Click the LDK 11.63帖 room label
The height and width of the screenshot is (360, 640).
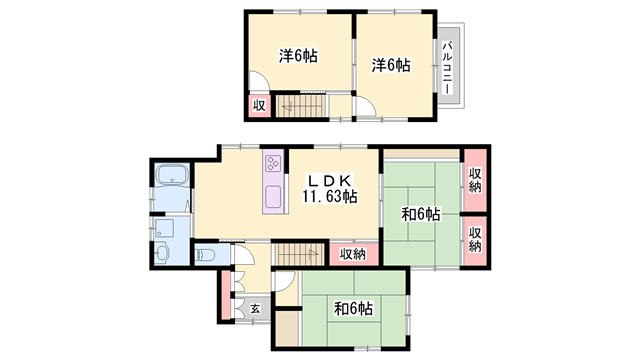tap(329, 189)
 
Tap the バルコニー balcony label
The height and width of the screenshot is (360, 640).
tap(448, 67)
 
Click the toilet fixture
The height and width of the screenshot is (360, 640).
tap(205, 255)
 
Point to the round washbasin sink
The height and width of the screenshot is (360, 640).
tap(162, 253)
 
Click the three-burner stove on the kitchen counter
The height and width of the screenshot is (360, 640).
tap(273, 164)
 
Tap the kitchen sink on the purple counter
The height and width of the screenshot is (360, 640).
tap(273, 197)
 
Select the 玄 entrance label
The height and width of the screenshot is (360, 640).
tap(255, 309)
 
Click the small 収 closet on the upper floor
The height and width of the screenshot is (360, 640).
tap(259, 106)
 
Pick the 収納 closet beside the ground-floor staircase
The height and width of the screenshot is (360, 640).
tap(353, 254)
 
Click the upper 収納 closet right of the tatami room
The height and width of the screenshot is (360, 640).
tap(475, 180)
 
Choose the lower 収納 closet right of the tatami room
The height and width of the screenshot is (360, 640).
tap(475, 240)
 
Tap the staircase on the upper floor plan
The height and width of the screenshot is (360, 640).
tap(302, 106)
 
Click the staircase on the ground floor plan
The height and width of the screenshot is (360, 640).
tap(298, 254)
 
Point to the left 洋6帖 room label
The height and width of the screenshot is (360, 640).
tap(298, 56)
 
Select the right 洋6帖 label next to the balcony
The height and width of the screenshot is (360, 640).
tap(391, 65)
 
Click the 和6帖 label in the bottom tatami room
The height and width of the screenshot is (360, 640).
tap(353, 309)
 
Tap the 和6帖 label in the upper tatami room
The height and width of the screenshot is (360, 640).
tap(421, 214)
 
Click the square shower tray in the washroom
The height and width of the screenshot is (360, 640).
tap(164, 228)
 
